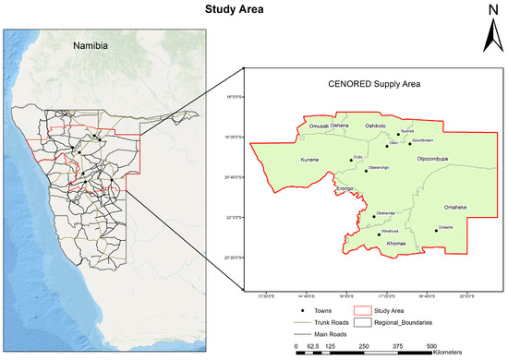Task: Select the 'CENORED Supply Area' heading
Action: tap(374, 84)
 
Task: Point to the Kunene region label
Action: tap(309, 161)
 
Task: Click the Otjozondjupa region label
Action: tap(424, 160)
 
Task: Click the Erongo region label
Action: tap(345, 188)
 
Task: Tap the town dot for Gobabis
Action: tap(436, 231)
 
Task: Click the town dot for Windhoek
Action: tap(380, 234)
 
